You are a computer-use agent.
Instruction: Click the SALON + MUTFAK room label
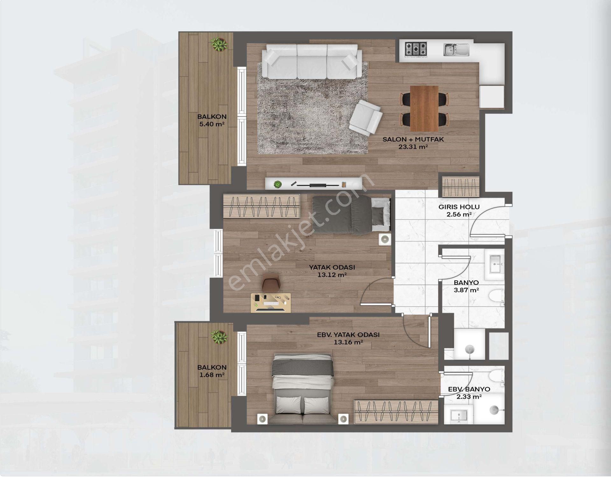(413, 139)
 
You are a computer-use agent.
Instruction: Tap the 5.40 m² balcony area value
(212, 124)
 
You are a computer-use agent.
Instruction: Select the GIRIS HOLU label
(459, 207)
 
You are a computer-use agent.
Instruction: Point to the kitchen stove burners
(416, 49)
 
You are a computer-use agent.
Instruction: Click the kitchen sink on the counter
(456, 49)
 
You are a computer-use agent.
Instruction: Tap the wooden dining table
(424, 108)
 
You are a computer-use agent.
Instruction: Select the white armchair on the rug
(366, 117)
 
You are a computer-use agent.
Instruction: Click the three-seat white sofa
(312, 61)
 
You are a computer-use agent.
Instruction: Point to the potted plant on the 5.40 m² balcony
(219, 44)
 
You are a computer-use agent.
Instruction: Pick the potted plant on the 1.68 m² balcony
(219, 337)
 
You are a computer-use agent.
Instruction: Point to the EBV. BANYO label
(469, 389)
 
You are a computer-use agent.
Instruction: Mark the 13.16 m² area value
(348, 342)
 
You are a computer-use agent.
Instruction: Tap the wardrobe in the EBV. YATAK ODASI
(396, 412)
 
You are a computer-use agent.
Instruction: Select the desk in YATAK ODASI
(270, 303)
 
